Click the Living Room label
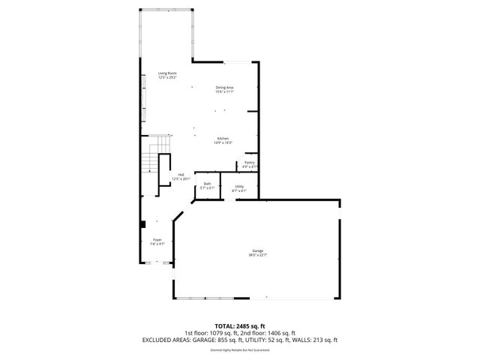coord(166,73)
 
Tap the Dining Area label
coord(224,88)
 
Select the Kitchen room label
coord(223,139)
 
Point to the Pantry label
coord(249,162)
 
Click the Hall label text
coord(181,175)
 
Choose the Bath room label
coord(207,184)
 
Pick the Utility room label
coord(239,186)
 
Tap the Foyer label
coord(157,240)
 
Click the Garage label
coord(257,250)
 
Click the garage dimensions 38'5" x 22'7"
coord(257,255)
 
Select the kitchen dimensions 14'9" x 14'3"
coord(223,143)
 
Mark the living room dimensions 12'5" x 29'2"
coord(166,77)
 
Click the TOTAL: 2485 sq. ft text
coord(239,326)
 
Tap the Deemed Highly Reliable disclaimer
coord(239,349)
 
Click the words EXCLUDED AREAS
coord(163,340)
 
